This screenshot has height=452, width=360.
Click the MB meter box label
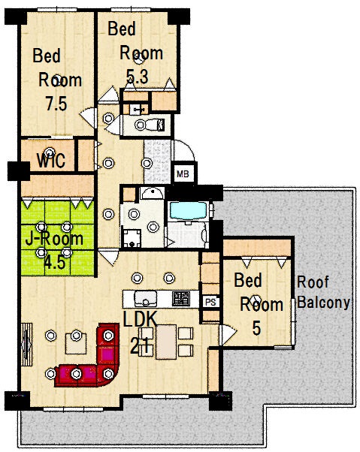click(x=183, y=174)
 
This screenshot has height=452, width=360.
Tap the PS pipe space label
click(x=210, y=302)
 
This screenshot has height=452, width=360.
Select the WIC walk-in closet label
click(x=51, y=160)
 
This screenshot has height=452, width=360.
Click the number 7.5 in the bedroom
click(x=56, y=104)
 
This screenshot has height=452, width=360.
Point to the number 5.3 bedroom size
click(x=138, y=77)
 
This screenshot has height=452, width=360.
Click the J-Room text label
click(x=54, y=239)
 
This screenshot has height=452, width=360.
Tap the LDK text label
click(x=141, y=319)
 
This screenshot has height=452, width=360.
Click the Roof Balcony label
click(x=324, y=292)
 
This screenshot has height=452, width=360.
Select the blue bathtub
click(x=189, y=210)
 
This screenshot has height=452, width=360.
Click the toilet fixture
click(x=150, y=125)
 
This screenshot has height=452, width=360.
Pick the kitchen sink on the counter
click(x=146, y=299)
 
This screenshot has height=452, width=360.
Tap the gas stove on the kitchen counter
click(x=181, y=299)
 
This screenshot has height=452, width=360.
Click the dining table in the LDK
click(x=166, y=342)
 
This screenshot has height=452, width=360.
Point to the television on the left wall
click(x=27, y=345)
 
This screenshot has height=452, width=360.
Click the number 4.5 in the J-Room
click(x=55, y=263)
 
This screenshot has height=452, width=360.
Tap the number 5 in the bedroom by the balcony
click(x=256, y=328)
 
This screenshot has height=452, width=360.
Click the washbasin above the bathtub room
click(x=152, y=192)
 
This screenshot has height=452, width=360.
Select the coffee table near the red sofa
click(x=76, y=343)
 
